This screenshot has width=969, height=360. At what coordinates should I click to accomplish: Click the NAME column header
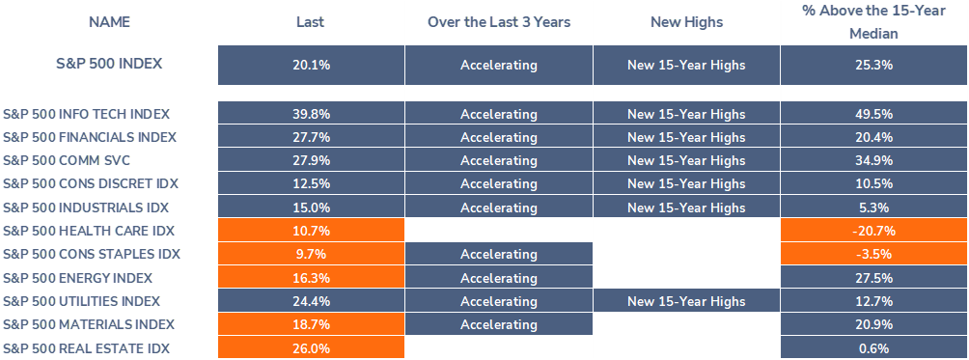(109, 22)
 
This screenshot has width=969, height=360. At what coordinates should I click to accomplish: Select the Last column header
(310, 22)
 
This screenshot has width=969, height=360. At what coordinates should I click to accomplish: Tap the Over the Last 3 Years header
(499, 22)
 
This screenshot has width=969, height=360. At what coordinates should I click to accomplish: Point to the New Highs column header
(686, 22)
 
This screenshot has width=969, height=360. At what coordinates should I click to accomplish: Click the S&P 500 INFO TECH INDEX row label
(87, 114)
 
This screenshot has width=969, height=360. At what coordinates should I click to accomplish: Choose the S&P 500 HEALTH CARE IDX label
(89, 231)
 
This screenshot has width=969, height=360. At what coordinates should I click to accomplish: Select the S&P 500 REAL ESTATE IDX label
(86, 347)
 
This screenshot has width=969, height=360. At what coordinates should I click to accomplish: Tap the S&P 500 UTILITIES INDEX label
(82, 301)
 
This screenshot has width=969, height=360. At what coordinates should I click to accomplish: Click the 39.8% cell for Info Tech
(311, 114)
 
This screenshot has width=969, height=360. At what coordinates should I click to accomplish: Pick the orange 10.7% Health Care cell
(311, 231)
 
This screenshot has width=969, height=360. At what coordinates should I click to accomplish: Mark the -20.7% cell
(874, 231)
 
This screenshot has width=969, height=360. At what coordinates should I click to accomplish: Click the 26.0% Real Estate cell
(311, 347)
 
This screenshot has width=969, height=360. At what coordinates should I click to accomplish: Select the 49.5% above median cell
(874, 114)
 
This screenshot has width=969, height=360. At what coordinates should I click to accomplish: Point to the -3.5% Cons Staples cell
(874, 254)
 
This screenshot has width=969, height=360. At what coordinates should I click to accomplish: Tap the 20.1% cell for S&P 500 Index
(311, 65)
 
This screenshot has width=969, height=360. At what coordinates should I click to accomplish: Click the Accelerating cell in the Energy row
(499, 277)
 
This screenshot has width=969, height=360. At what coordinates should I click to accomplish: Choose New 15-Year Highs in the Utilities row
(686, 301)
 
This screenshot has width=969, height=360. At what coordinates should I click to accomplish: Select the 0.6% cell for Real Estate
(874, 347)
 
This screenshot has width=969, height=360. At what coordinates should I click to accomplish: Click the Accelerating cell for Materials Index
(499, 324)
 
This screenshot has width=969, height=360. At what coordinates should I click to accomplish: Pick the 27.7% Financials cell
(311, 137)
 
